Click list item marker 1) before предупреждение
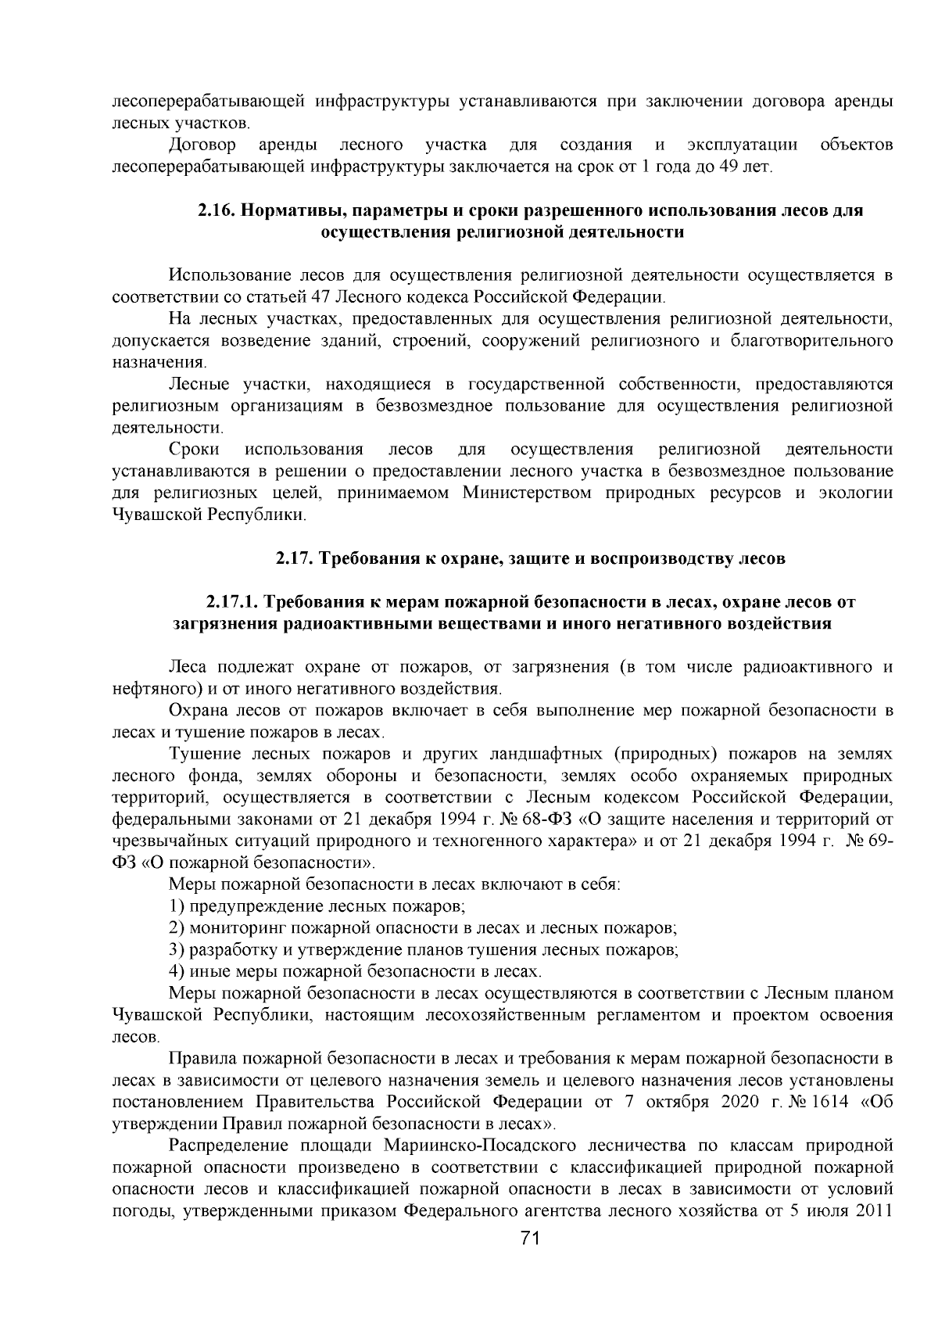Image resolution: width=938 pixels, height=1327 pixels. pyautogui.click(x=176, y=906)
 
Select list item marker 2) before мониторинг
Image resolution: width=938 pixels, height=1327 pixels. pyautogui.click(x=176, y=928)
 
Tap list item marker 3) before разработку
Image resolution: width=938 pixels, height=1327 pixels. pyautogui.click(x=176, y=950)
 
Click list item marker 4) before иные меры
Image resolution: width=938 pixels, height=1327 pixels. pyautogui.click(x=176, y=972)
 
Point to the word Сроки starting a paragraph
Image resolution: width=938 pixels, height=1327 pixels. pyautogui.click(x=193, y=450)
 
